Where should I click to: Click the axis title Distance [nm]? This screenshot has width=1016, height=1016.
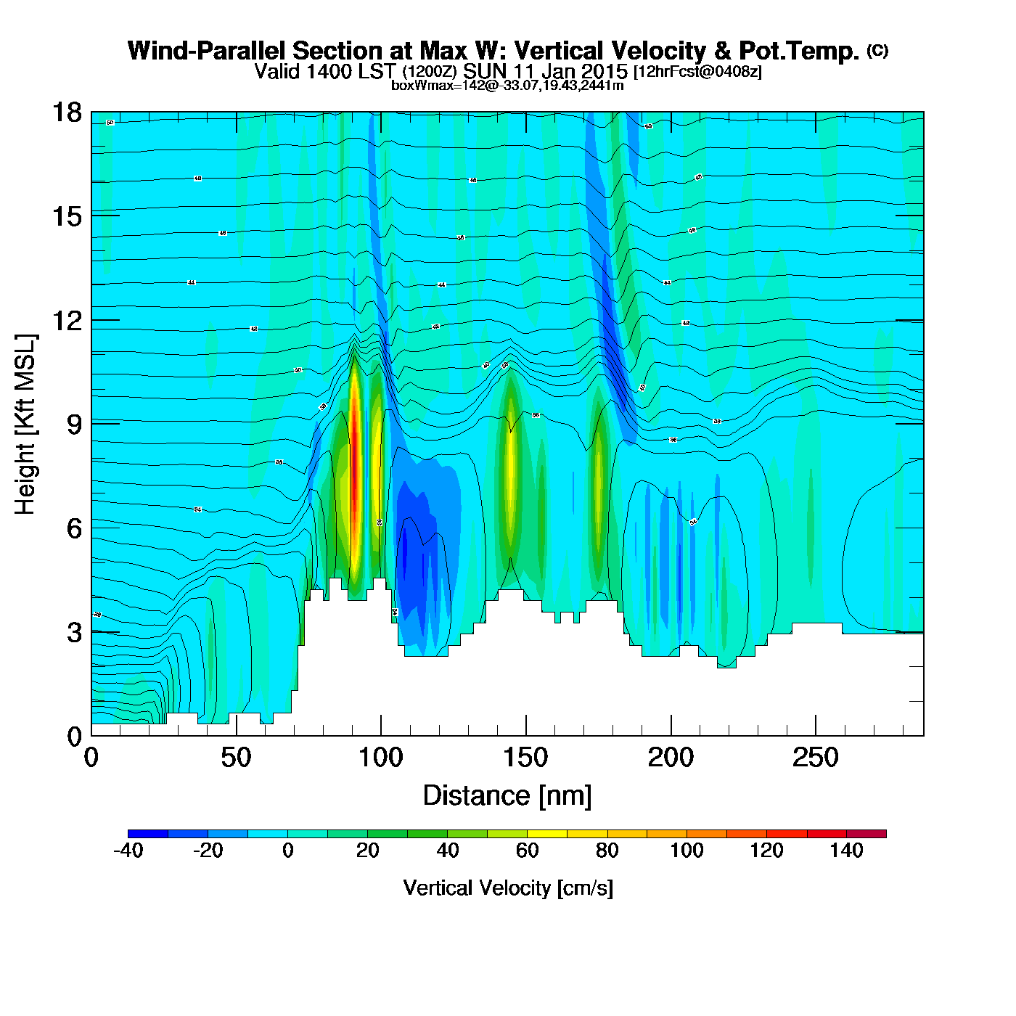pyautogui.click(x=507, y=796)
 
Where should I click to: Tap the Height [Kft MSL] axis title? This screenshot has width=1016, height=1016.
pyautogui.click(x=25, y=425)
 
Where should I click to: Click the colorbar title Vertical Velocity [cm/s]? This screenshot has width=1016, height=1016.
pyautogui.click(x=508, y=888)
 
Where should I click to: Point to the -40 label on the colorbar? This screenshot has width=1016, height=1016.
pyautogui.click(x=128, y=851)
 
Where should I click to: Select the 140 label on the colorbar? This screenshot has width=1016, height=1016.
pyautogui.click(x=846, y=851)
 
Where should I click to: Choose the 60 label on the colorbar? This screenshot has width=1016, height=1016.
pyautogui.click(x=528, y=851)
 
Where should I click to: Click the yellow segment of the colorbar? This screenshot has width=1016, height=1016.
pyautogui.click(x=547, y=834)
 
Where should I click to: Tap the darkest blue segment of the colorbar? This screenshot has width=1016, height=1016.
pyautogui.click(x=148, y=834)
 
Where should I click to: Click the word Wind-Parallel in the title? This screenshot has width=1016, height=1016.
pyautogui.click(x=207, y=51)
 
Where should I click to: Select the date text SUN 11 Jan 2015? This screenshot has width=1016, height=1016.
pyautogui.click(x=545, y=72)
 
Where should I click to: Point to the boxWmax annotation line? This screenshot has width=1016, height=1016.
pyautogui.click(x=507, y=86)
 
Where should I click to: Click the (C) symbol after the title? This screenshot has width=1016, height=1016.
pyautogui.click(x=877, y=50)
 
